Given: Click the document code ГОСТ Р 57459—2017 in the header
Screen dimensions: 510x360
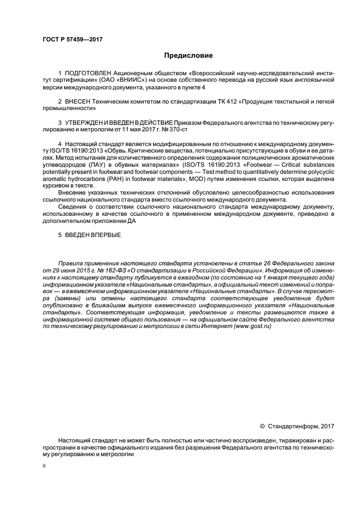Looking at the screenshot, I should [72, 39].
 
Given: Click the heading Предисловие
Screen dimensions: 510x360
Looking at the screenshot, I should [188, 56].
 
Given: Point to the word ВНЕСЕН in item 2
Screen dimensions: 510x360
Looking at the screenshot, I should [78, 101].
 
